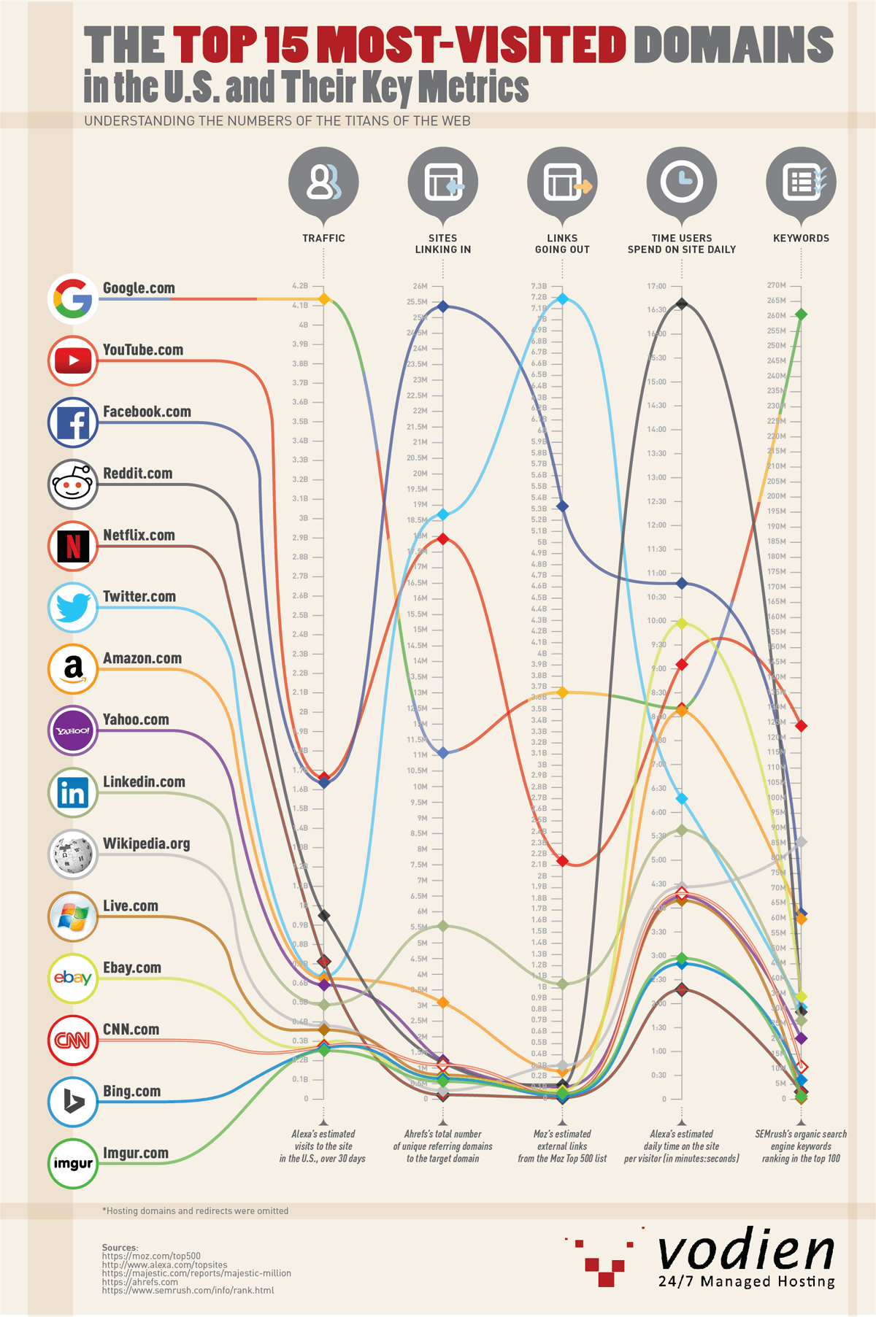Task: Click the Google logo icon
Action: coord(73,298)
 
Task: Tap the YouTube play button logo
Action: coord(73,360)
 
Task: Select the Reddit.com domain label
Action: coord(137,474)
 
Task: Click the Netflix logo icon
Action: coord(73,546)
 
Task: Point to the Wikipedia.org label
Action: coord(146,843)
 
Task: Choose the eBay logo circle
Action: coord(73,978)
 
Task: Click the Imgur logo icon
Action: coord(73,1163)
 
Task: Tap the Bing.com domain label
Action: coord(131,1092)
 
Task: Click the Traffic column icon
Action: coord(323,182)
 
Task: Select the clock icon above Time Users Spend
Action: coord(682,182)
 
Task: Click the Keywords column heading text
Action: coord(801,239)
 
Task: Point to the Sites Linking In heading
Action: coord(443,244)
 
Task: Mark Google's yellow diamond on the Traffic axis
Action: coord(324,299)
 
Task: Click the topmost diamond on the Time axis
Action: coord(682,304)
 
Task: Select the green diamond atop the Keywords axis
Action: coord(801,314)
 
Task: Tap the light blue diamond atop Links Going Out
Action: coord(562,298)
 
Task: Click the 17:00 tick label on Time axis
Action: coord(656,286)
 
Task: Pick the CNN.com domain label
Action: coord(131,1030)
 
